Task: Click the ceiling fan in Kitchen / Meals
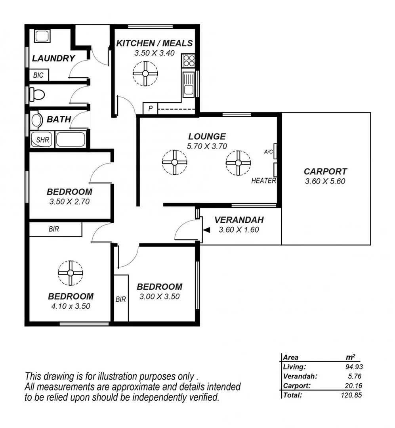click(x=145, y=73)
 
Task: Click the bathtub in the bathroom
click(x=70, y=140)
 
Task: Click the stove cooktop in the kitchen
click(x=189, y=61)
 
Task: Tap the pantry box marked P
click(x=150, y=108)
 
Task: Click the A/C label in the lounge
click(x=268, y=152)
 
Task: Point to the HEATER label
click(x=263, y=181)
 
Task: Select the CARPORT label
click(x=325, y=172)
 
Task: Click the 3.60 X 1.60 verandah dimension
click(x=239, y=229)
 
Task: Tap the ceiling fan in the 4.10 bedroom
click(x=70, y=273)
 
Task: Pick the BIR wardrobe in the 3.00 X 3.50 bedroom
click(x=121, y=299)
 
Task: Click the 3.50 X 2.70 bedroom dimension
click(x=69, y=201)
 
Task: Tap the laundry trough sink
click(x=41, y=37)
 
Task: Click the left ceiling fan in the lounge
click(x=174, y=162)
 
